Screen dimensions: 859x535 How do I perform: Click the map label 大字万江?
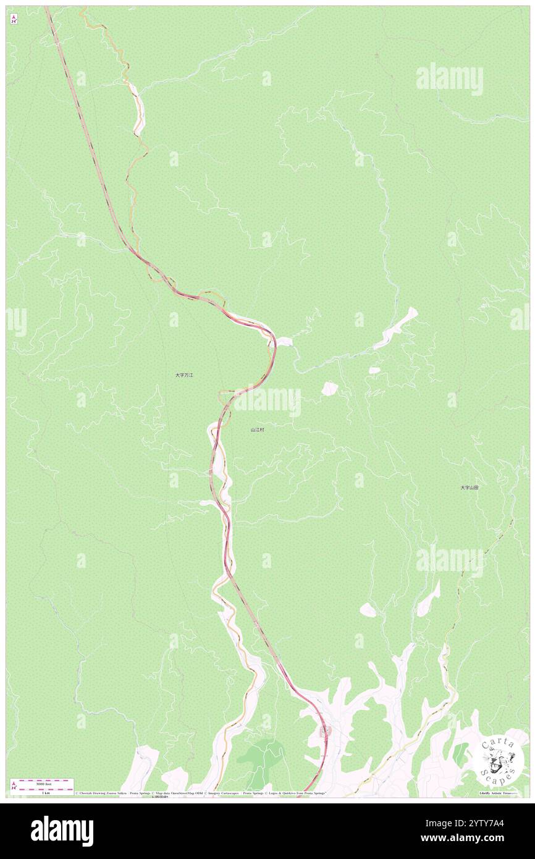pyautogui.click(x=184, y=375)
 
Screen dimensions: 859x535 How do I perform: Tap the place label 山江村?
pyautogui.click(x=258, y=429)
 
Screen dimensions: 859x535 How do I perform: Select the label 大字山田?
pyautogui.click(x=469, y=488)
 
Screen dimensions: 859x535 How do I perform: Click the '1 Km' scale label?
pyautogui.click(x=43, y=793)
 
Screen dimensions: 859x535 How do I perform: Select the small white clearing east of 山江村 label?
pyautogui.click(x=329, y=388)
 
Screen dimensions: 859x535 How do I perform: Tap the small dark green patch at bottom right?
pyautogui.click(x=460, y=753)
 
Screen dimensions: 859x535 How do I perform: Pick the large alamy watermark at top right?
pyautogui.click(x=449, y=78)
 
